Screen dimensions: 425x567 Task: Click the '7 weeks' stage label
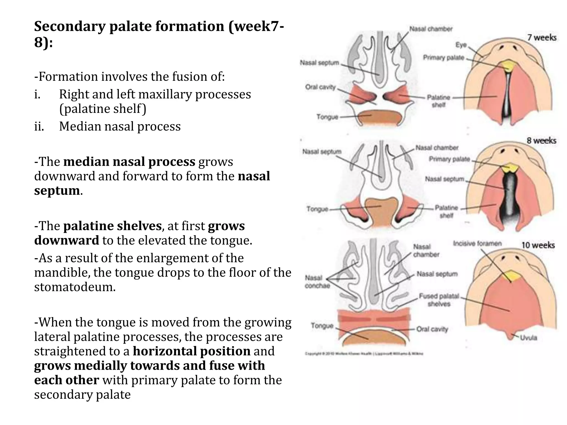[542, 38]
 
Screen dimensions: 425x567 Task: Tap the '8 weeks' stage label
[541, 141]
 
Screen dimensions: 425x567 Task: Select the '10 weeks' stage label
[538, 245]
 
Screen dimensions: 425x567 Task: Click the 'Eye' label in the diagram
[461, 45]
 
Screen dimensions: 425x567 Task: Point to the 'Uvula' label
[529, 338]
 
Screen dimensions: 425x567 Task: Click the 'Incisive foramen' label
[477, 243]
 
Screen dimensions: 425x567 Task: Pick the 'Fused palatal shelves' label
[439, 300]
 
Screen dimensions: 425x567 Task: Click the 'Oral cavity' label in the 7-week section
[320, 87]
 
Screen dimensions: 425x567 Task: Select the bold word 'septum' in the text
[57, 191]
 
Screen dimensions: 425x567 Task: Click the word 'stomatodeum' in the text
[75, 287]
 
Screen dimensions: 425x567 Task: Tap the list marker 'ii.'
[39, 126]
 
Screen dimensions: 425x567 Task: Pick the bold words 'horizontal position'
[192, 351]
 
